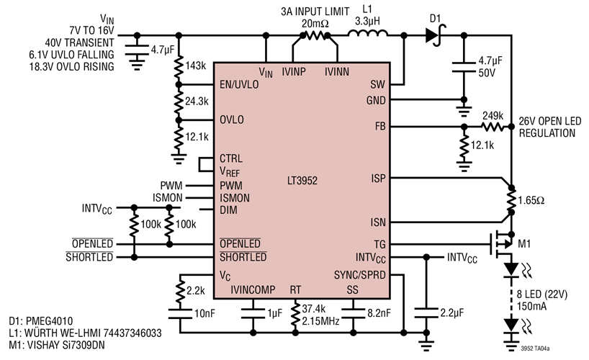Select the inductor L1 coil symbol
pyautogui.click(x=368, y=33)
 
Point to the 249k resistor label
pyautogui.click(x=494, y=115)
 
